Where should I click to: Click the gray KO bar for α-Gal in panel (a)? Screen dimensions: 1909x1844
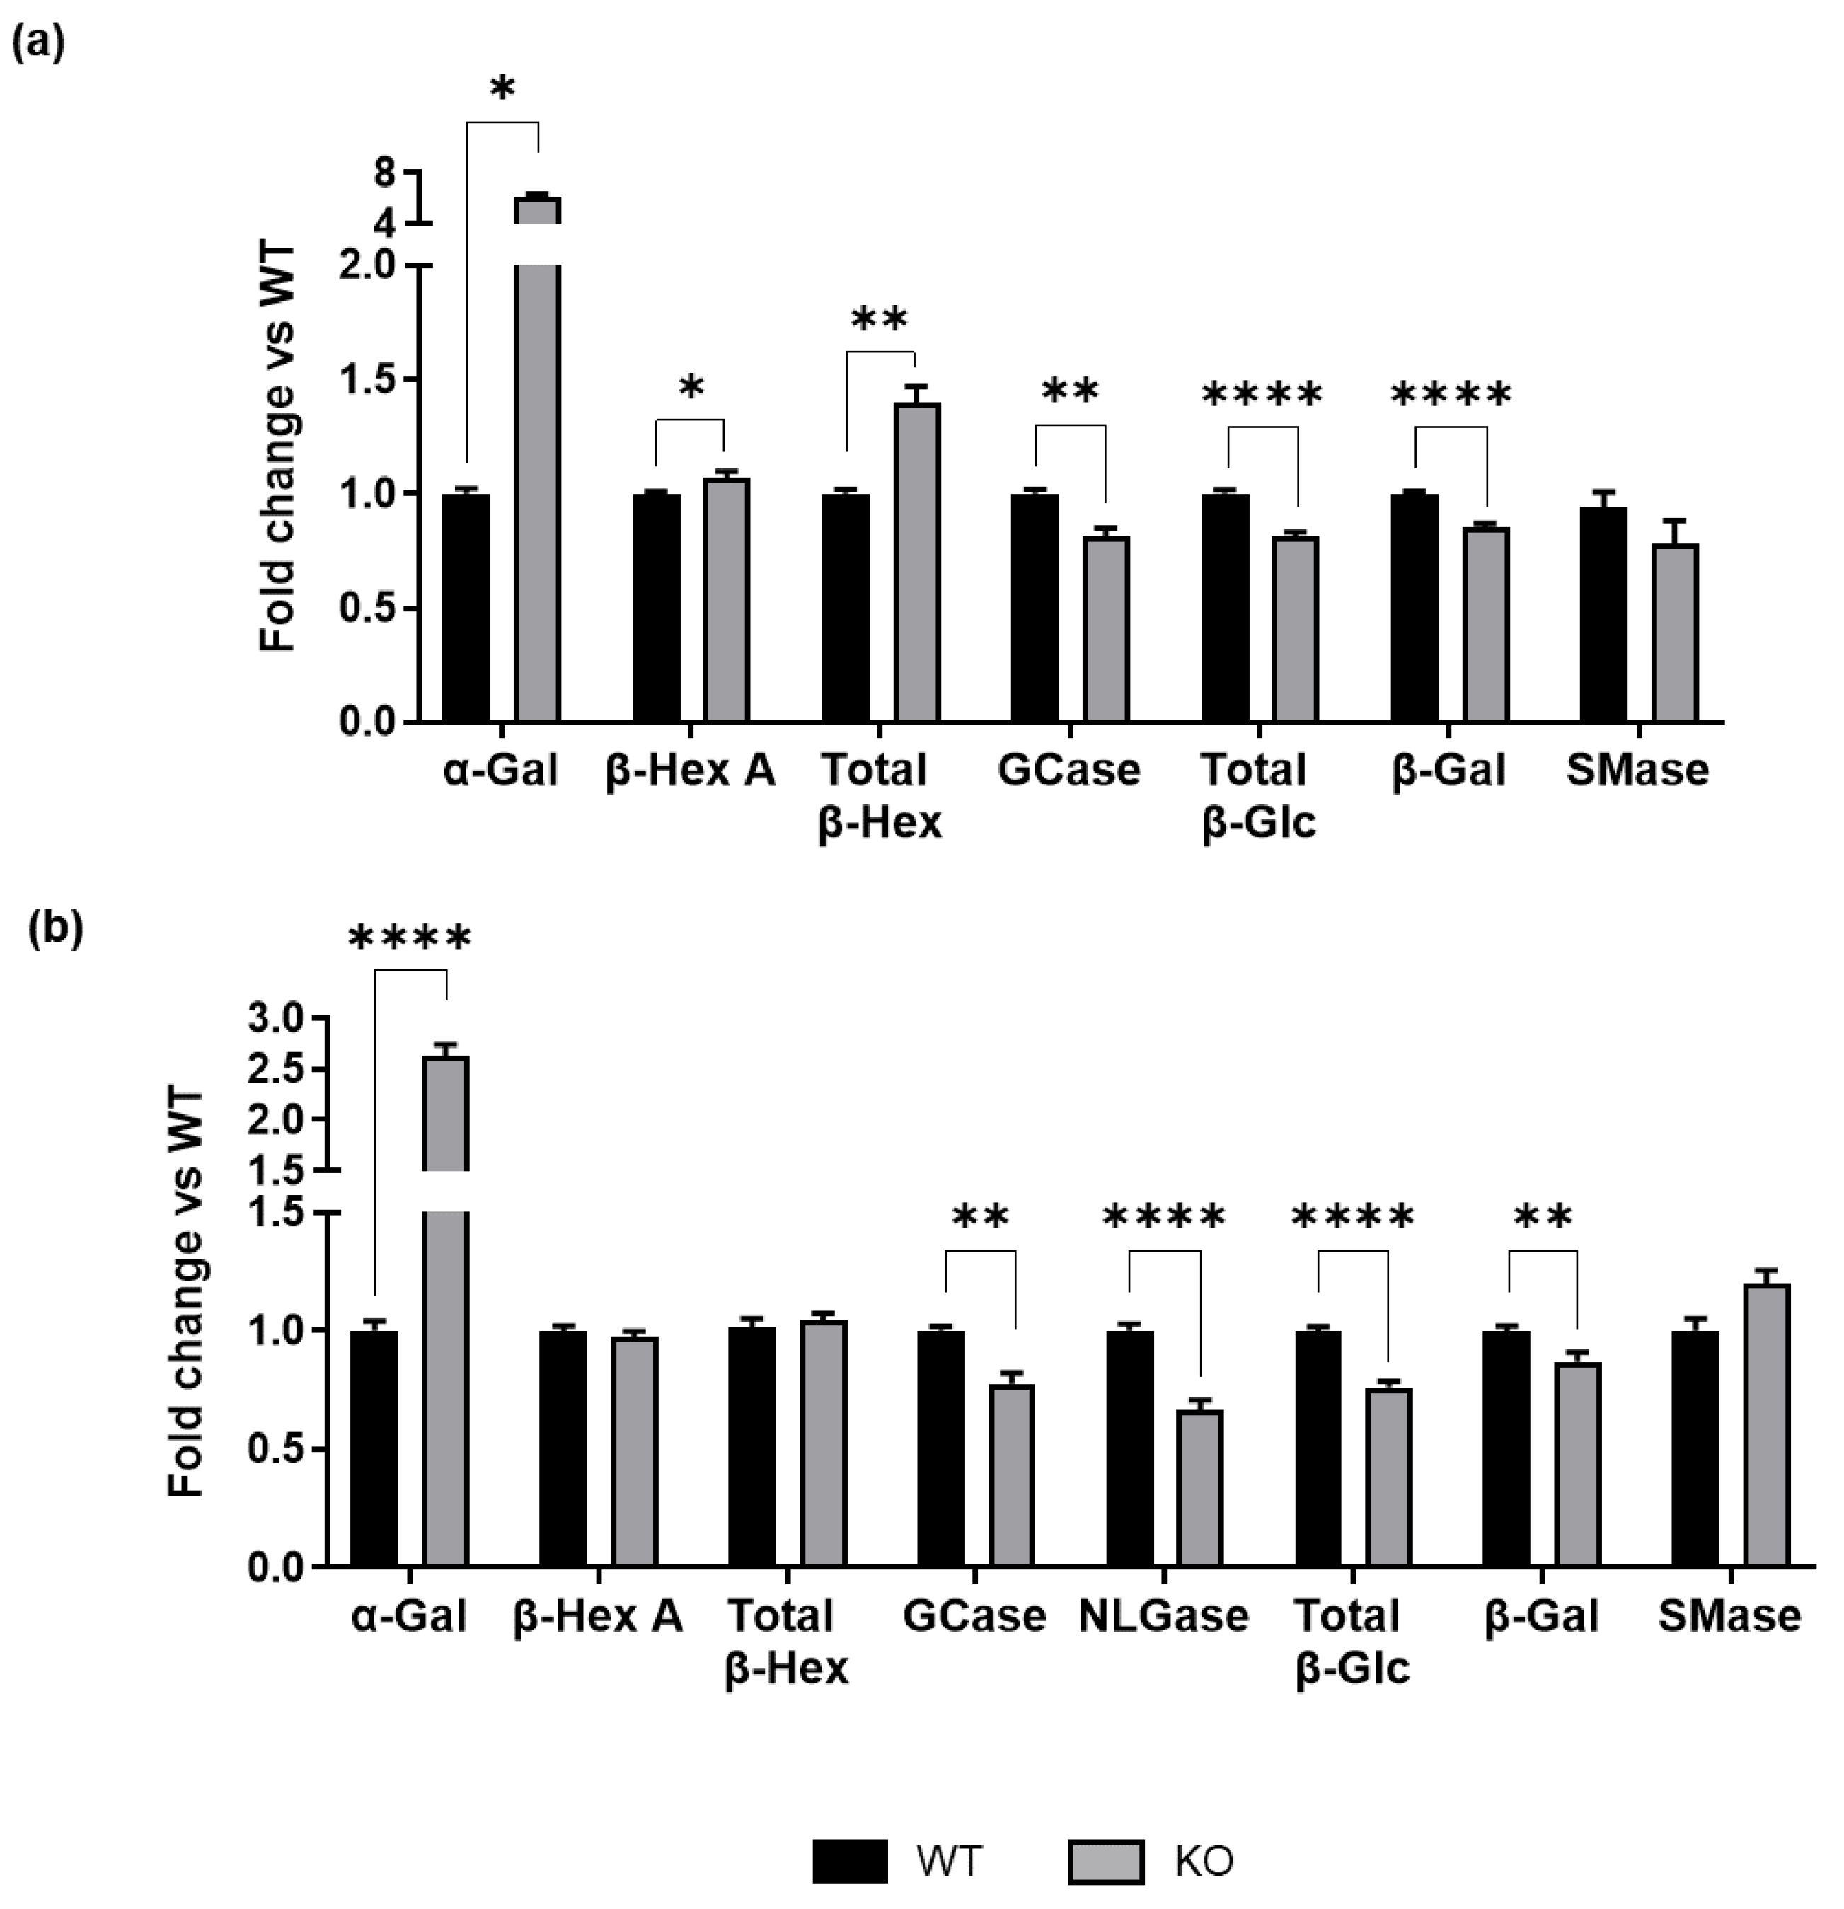click(x=537, y=487)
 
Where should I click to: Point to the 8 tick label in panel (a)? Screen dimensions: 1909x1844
click(x=385, y=173)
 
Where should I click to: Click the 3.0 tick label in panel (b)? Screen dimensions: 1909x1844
click(x=277, y=1019)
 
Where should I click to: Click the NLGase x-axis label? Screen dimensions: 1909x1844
click(x=1163, y=1617)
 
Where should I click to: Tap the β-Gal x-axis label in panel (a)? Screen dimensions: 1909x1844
click(x=1448, y=771)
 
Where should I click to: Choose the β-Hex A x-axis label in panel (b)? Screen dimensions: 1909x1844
click(x=597, y=1617)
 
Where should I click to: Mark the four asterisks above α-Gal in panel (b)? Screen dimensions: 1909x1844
click(x=409, y=940)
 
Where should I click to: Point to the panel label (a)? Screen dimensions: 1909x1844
click(x=38, y=45)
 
